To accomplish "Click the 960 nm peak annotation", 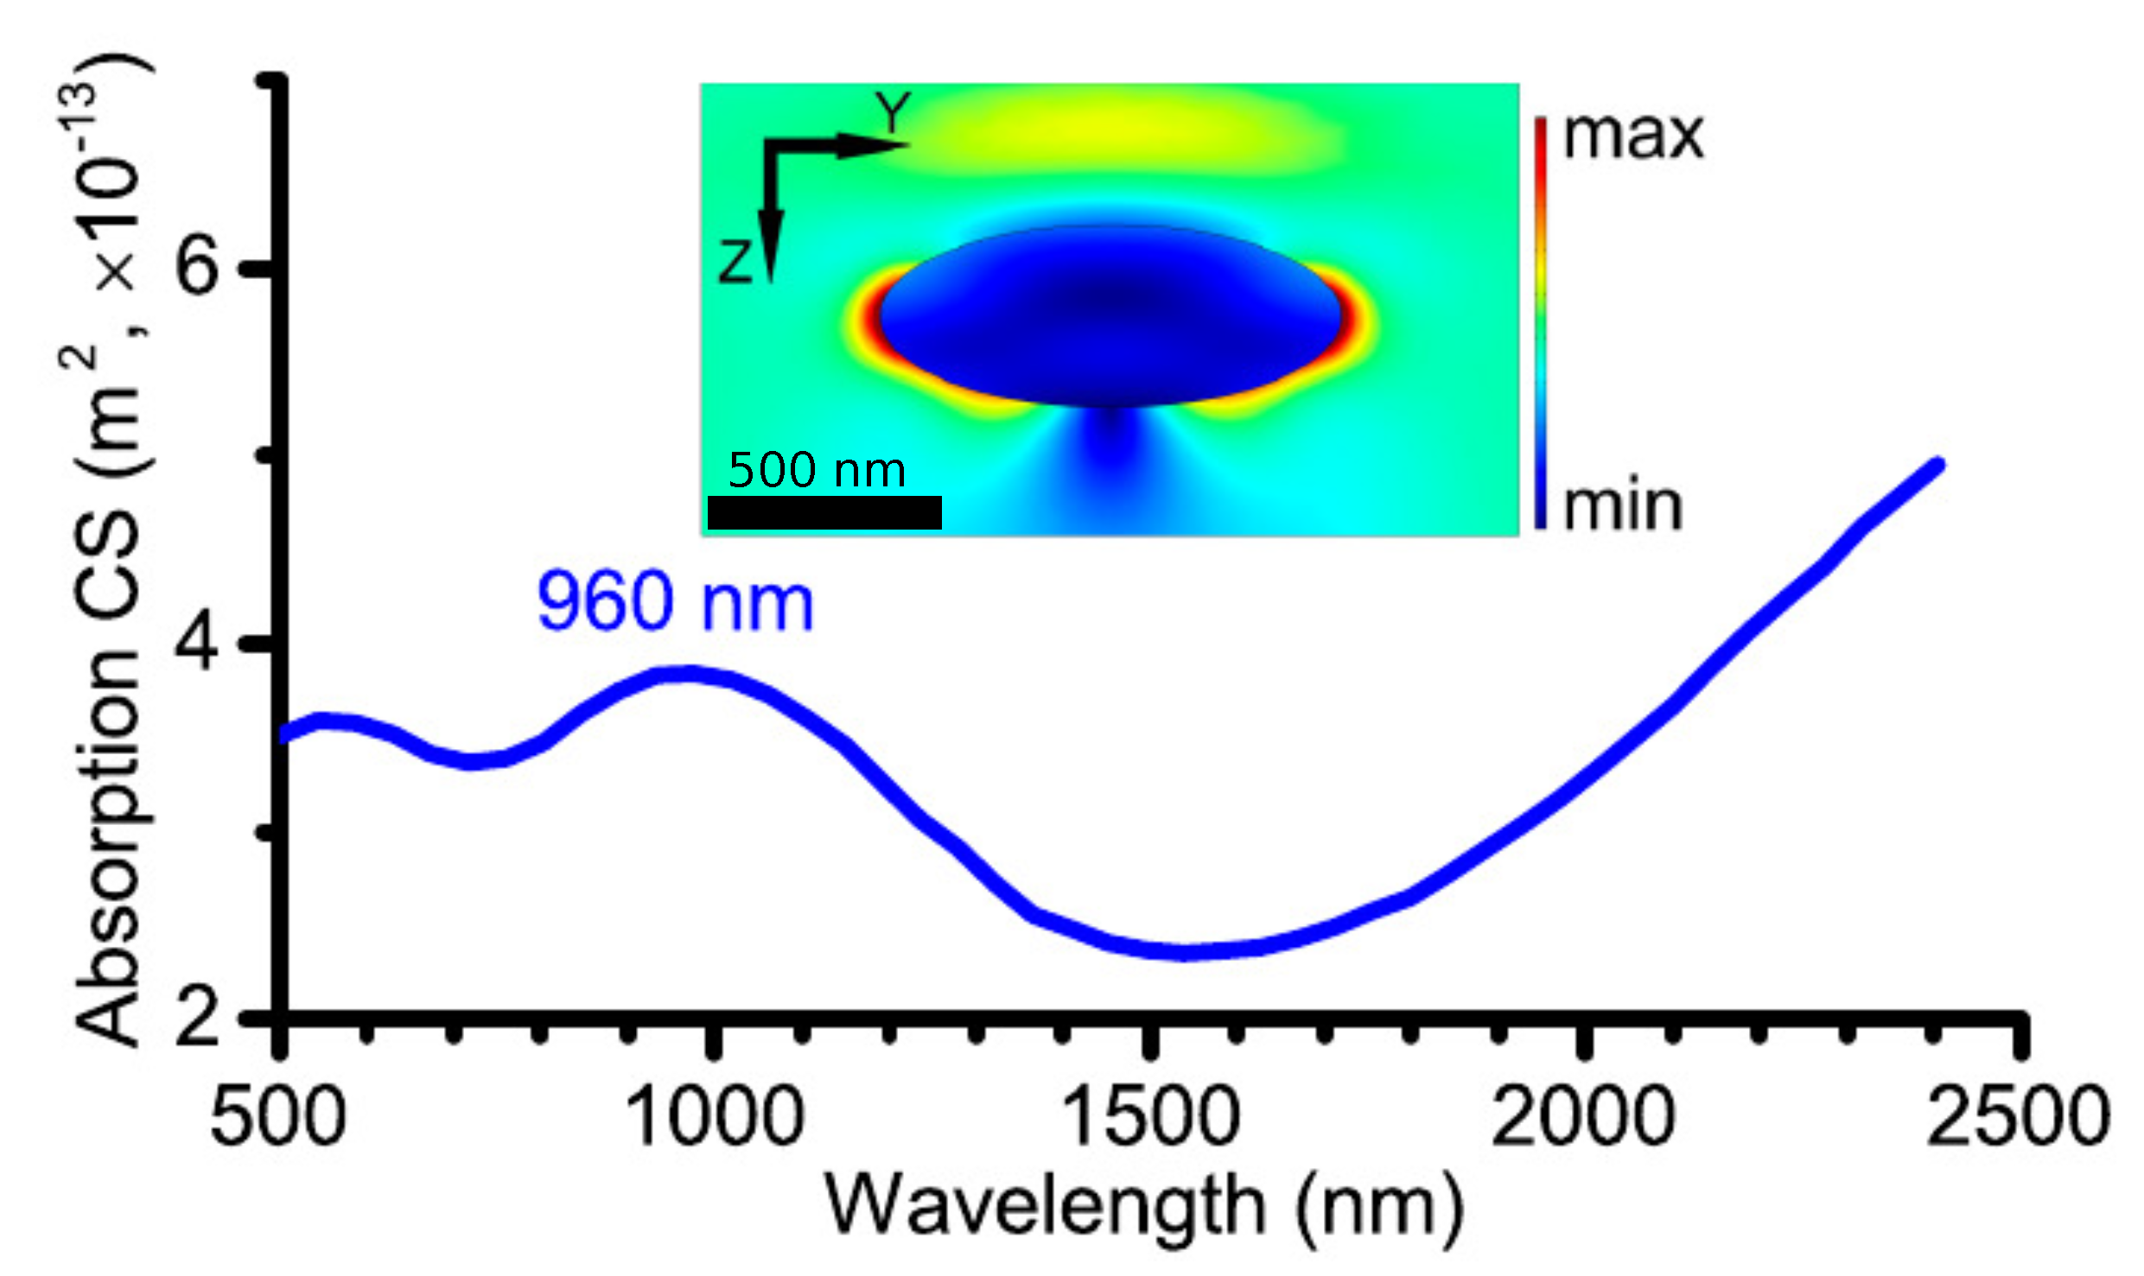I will pos(675,602).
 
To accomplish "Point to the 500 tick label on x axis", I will pos(278,1117).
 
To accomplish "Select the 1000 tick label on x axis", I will pos(714,1117).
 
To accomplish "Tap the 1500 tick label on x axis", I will pos(1150,1117).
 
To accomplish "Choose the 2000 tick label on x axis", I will pos(1584,1117).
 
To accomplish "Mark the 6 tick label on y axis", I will pos(196,265).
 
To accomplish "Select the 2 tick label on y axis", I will pos(196,1018).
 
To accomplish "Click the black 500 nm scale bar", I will pos(824,512).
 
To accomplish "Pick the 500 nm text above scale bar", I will pos(817,471).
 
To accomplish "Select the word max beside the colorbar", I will pos(1632,136).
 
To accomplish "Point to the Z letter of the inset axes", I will pos(735,261).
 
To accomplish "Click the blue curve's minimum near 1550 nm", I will pos(1186,951).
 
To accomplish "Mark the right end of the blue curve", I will pos(1938,466).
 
